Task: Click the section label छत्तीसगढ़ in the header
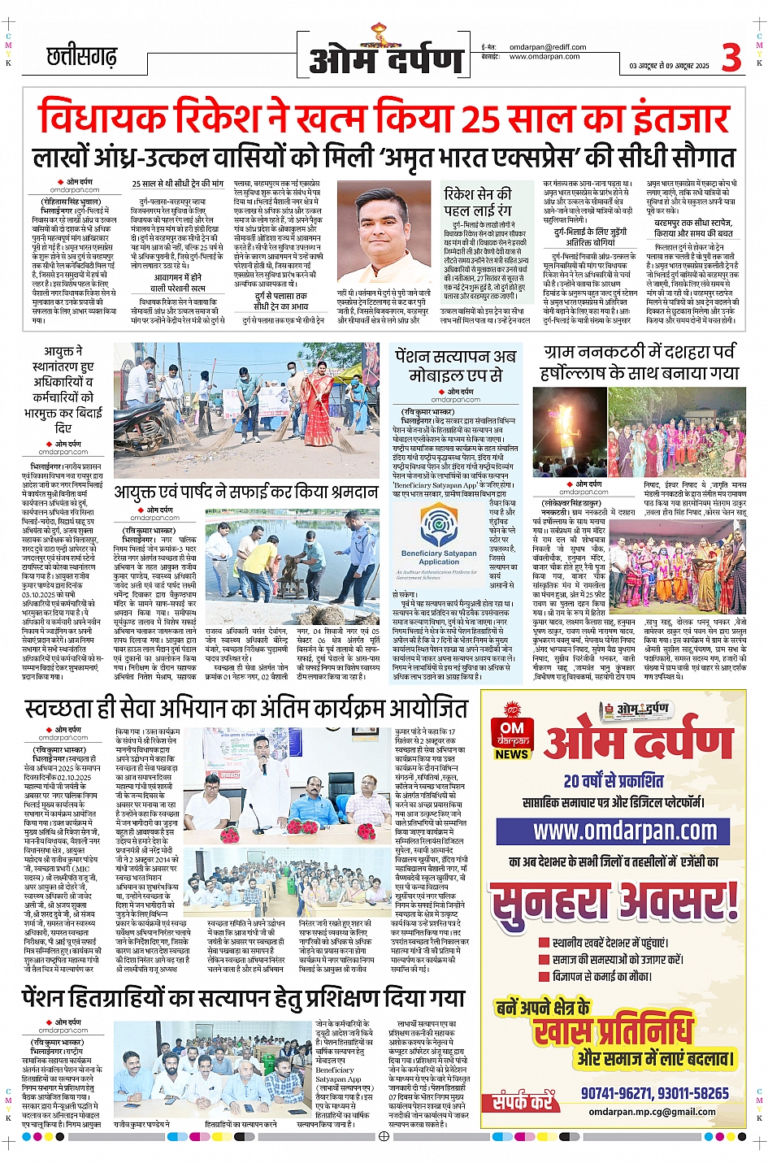point(81,57)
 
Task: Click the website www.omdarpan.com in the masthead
point(544,57)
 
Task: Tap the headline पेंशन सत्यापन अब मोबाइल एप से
point(455,365)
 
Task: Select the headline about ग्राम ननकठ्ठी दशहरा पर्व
point(640,362)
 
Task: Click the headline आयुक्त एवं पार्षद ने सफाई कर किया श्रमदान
point(245,492)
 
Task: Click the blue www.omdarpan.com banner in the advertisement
point(626,831)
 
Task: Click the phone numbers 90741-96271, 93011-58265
point(654,1093)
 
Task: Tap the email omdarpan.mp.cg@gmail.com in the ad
point(652,1112)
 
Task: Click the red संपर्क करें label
point(523,1102)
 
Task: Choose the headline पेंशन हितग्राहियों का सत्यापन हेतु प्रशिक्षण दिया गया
point(244,997)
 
